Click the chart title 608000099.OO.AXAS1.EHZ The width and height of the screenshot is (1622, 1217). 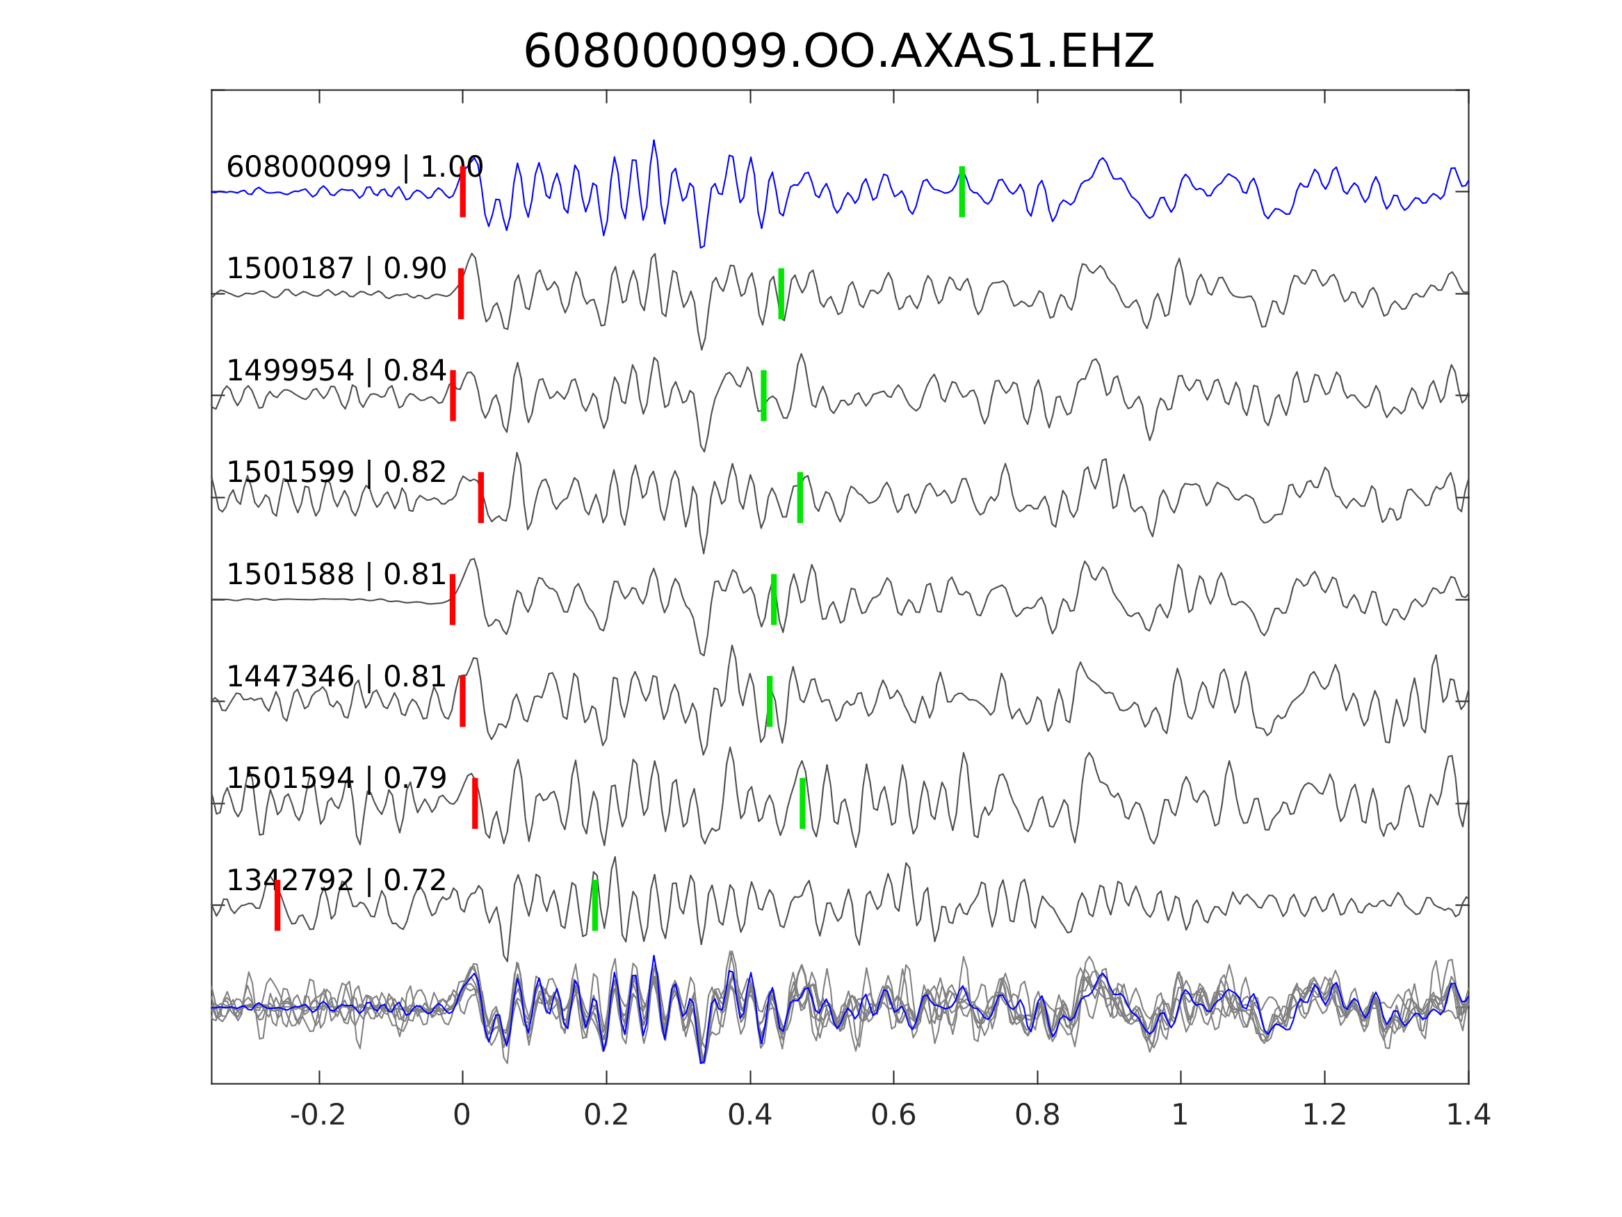[838, 52]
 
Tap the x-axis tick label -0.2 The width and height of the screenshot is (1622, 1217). [318, 1115]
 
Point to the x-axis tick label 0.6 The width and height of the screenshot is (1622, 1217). [893, 1115]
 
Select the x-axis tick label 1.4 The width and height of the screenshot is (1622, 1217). [1468, 1115]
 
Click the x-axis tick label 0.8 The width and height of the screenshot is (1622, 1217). [1037, 1115]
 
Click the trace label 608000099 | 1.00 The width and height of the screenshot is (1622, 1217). [355, 168]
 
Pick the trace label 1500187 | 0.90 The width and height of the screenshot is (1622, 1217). [336, 269]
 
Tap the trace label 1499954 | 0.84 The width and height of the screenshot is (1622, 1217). [336, 371]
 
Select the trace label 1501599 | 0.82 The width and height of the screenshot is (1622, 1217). [336, 473]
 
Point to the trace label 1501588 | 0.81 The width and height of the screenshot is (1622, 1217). [336, 575]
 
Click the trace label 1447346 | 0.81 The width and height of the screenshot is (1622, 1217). [336, 677]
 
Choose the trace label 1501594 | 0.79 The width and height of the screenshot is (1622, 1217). [336, 778]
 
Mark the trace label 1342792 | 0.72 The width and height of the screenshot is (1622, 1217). [336, 880]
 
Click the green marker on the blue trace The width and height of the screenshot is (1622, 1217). [962, 191]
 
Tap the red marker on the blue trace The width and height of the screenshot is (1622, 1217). [463, 191]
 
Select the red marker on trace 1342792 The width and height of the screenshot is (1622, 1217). [277, 905]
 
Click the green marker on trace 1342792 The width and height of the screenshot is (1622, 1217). [594, 905]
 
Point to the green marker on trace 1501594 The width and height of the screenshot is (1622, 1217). [802, 803]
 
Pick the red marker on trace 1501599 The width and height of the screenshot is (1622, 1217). [481, 497]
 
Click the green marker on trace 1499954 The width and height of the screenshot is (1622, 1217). [763, 396]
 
